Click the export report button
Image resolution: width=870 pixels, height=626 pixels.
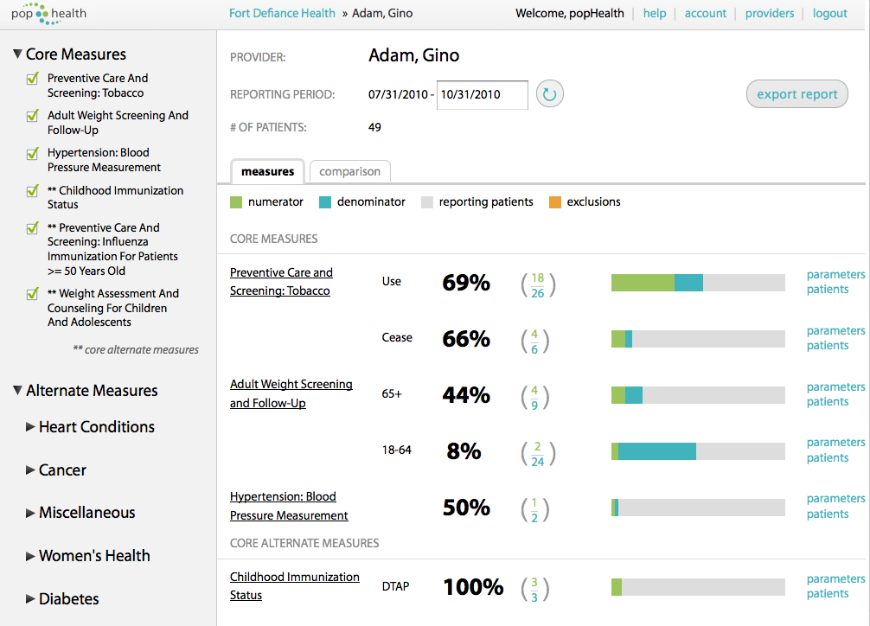796,94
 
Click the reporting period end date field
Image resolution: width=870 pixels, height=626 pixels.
483,94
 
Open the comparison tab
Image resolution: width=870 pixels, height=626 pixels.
349,171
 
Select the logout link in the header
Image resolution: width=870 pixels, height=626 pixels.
829,13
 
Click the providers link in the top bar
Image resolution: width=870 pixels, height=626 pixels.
769,13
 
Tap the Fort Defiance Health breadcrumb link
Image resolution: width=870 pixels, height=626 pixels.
282,13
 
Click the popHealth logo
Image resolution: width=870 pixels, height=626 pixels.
48,13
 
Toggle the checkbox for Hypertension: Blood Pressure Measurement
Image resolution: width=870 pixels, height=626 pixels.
33,154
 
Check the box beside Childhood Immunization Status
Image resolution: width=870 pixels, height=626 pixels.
33,191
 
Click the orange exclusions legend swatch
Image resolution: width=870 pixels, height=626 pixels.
555,202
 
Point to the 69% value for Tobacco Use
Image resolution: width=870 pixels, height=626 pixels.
466,283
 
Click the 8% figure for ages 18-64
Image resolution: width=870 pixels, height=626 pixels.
464,451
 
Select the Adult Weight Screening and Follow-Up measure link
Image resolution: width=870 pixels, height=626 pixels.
291,393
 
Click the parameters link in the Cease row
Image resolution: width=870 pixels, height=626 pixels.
835,330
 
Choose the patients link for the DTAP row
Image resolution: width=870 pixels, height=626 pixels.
827,594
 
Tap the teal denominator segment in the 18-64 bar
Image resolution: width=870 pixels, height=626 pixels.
656,451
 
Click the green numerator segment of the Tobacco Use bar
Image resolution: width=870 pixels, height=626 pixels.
643,283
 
